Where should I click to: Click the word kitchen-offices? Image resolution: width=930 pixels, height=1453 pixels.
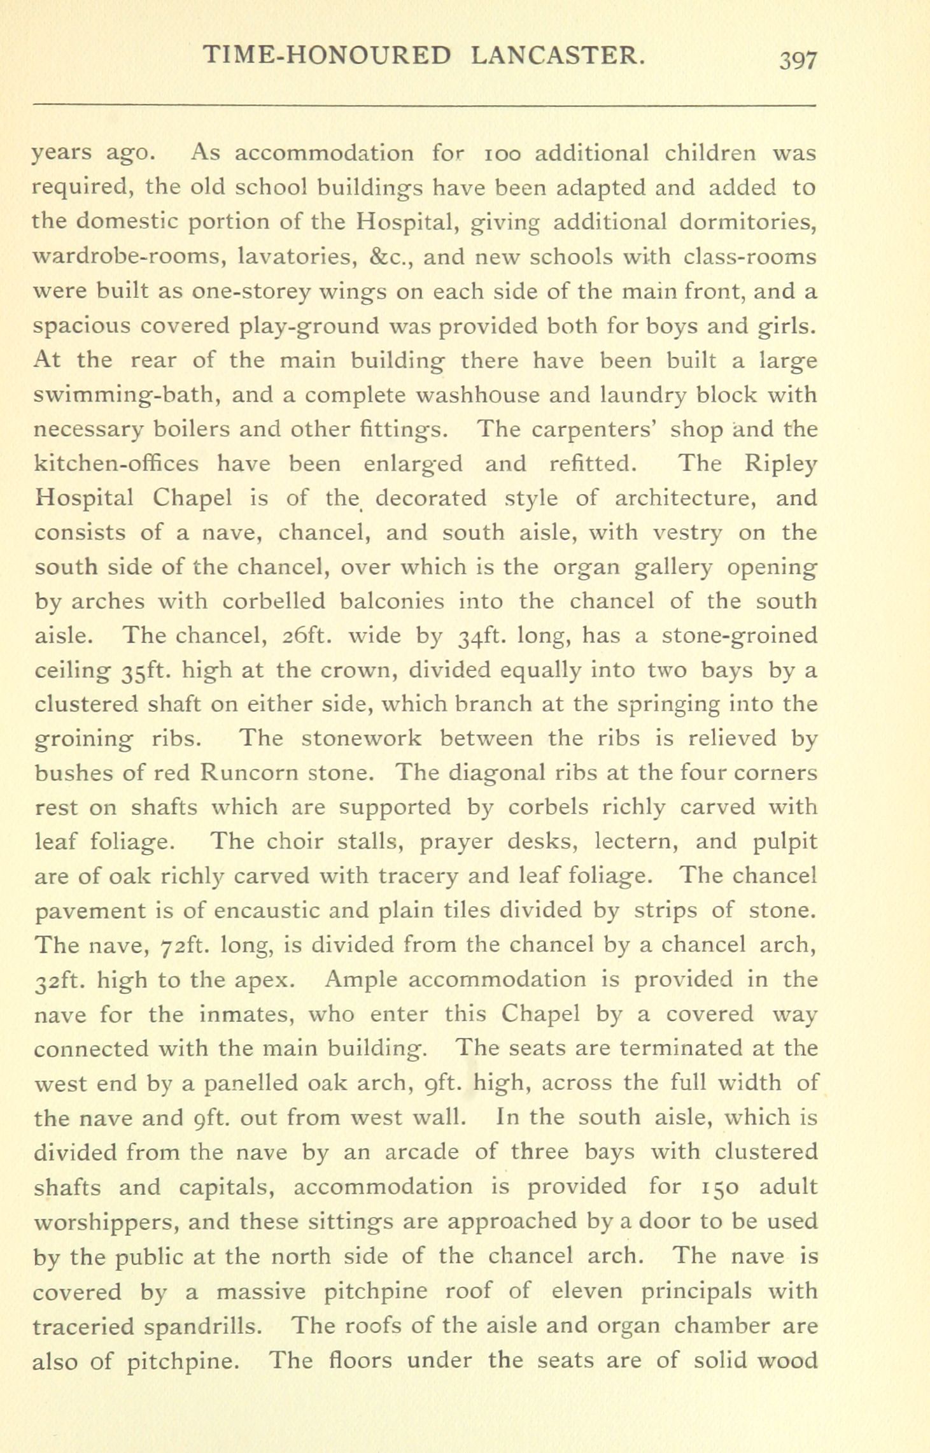(115, 464)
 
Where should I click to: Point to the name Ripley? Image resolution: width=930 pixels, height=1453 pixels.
(780, 465)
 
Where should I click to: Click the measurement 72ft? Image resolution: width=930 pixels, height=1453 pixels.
(180, 945)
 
